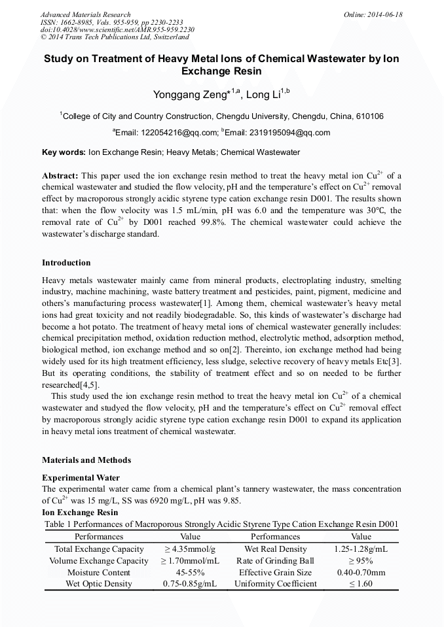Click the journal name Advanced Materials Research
click(85, 14)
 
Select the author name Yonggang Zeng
click(189, 95)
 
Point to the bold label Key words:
click(64, 152)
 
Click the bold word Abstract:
click(60, 176)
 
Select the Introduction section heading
click(66, 263)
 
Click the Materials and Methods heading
click(86, 460)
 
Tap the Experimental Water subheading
click(81, 478)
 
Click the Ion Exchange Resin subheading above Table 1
click(80, 513)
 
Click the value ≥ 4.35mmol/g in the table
click(189, 549)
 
